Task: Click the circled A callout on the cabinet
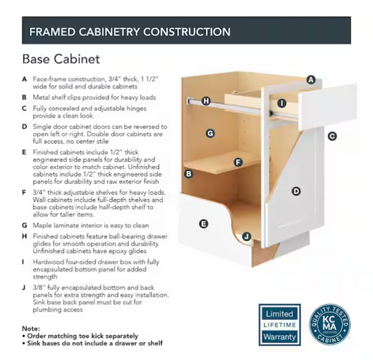(x=311, y=80)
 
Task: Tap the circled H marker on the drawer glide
(x=206, y=101)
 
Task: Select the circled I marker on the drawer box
(x=282, y=104)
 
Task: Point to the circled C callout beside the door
(x=332, y=136)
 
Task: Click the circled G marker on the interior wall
(x=210, y=133)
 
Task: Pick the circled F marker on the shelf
(x=238, y=162)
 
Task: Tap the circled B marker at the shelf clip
(x=189, y=174)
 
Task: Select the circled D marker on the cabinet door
(x=296, y=191)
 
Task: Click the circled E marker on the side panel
(x=204, y=224)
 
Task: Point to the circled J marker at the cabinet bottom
(x=247, y=237)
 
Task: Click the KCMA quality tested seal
(x=330, y=324)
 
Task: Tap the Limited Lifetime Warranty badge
(x=279, y=325)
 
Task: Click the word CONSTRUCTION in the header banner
(x=187, y=32)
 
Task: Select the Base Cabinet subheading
(x=61, y=59)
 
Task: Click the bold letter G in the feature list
(x=24, y=226)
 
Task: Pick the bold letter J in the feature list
(x=24, y=288)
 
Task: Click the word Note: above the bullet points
(x=31, y=328)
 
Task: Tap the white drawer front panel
(x=328, y=106)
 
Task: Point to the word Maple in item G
(x=41, y=226)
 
